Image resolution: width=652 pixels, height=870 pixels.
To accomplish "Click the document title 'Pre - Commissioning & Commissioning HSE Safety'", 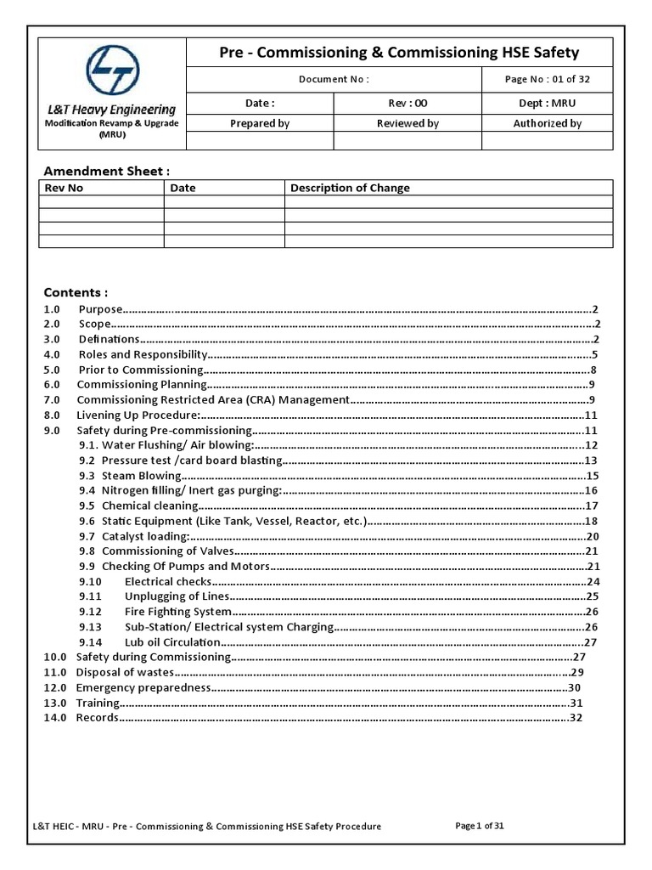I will [x=398, y=53].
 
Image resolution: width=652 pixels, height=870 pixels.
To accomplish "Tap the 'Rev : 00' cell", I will [x=407, y=103].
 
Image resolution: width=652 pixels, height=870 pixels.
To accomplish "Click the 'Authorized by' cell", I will [x=547, y=123].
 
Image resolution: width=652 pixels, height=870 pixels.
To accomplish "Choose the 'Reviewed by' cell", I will [x=407, y=123].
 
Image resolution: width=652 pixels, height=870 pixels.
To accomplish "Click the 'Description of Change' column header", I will [x=350, y=188].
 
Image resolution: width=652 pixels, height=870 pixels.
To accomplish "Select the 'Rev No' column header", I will [x=65, y=188].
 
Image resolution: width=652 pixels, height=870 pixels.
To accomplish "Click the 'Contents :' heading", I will [x=76, y=292].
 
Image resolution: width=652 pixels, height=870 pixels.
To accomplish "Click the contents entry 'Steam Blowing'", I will [x=141, y=476].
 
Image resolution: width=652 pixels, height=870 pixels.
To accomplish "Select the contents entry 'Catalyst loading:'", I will [x=144, y=536].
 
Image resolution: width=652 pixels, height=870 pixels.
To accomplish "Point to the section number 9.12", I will [x=90, y=612].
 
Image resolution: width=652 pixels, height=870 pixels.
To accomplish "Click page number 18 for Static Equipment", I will [x=593, y=521].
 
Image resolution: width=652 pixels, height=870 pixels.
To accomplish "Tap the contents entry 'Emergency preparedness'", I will [x=143, y=687].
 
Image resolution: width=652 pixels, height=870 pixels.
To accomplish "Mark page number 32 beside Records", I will [x=576, y=718].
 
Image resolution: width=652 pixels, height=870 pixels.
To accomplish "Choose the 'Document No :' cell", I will [x=334, y=79].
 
